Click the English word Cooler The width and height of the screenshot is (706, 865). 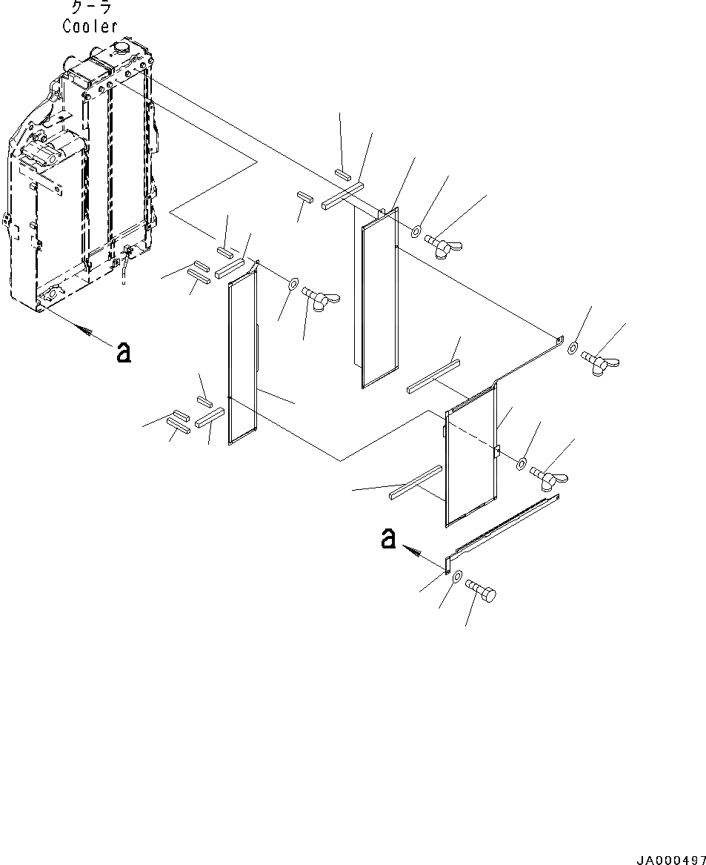click(x=90, y=26)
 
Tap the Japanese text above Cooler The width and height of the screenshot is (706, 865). click(x=90, y=8)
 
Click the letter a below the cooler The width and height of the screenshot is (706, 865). click(x=124, y=352)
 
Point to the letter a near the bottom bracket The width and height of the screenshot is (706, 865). click(x=387, y=539)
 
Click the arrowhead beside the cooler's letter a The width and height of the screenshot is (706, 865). click(x=88, y=333)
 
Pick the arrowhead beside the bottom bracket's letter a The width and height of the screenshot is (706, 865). click(x=414, y=551)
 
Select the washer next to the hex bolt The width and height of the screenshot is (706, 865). click(x=457, y=577)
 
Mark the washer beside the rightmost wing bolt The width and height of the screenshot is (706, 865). click(x=574, y=347)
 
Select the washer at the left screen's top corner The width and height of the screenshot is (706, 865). click(x=293, y=284)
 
